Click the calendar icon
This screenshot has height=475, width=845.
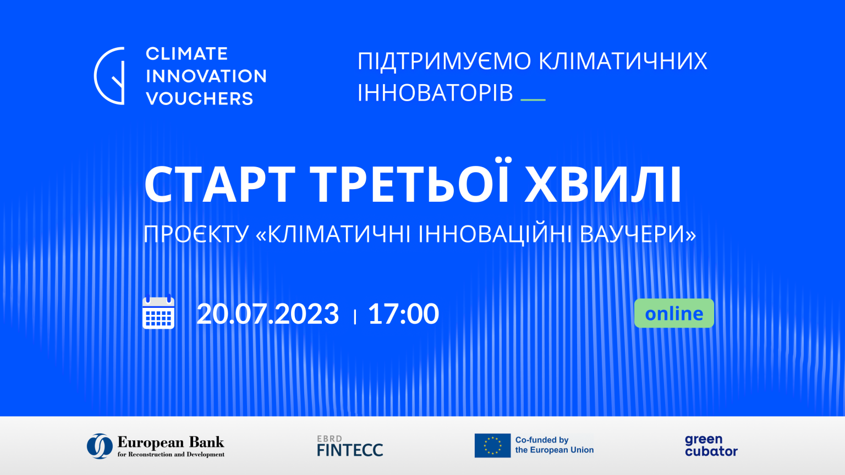[x=158, y=312]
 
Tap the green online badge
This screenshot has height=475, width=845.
[x=674, y=313]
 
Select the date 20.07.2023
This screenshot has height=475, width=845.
[x=268, y=314]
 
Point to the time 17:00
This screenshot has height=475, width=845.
[x=403, y=314]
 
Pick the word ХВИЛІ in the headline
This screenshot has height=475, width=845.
[x=603, y=185]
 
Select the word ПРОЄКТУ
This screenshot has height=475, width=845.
[x=196, y=234]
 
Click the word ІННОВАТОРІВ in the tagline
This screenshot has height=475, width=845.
[x=435, y=93]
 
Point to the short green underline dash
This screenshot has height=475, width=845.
[x=533, y=100]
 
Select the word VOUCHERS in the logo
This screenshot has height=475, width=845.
[x=199, y=99]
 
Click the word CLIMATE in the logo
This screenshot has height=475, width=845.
[x=186, y=54]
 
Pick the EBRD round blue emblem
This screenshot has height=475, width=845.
[x=100, y=446]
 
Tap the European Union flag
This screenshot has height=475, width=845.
[x=492, y=445]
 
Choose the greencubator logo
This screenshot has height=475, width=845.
[x=711, y=446]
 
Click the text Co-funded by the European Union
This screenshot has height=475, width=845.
[x=554, y=445]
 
